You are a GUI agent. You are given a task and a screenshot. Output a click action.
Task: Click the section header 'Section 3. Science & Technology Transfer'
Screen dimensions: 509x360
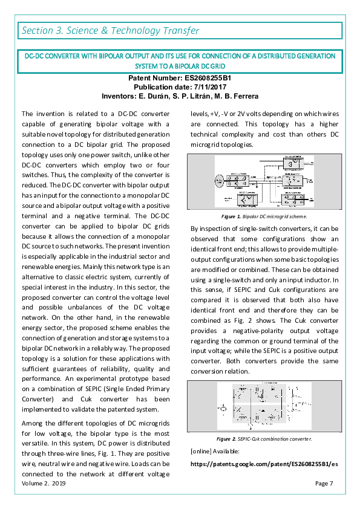(110, 30)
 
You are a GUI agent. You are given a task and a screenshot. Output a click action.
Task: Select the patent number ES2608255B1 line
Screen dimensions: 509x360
(180, 79)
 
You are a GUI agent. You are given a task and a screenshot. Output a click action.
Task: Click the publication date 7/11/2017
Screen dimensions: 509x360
(180, 87)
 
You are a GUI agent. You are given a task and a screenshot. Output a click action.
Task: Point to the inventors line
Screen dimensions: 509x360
(180, 96)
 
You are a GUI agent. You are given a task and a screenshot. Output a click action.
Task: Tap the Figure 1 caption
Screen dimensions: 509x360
(264, 216)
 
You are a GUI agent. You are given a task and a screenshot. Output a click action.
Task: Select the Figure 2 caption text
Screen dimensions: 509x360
(264, 439)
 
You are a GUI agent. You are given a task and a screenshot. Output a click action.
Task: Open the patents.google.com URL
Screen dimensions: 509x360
(264, 464)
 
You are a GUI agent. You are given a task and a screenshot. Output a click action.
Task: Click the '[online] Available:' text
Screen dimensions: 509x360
(215, 452)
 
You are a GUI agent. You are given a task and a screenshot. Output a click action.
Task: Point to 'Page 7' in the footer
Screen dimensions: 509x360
(324, 483)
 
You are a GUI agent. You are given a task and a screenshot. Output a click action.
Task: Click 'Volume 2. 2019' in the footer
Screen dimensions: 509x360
(44, 483)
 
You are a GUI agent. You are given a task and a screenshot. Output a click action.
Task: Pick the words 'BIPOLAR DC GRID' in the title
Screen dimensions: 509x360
(197, 65)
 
